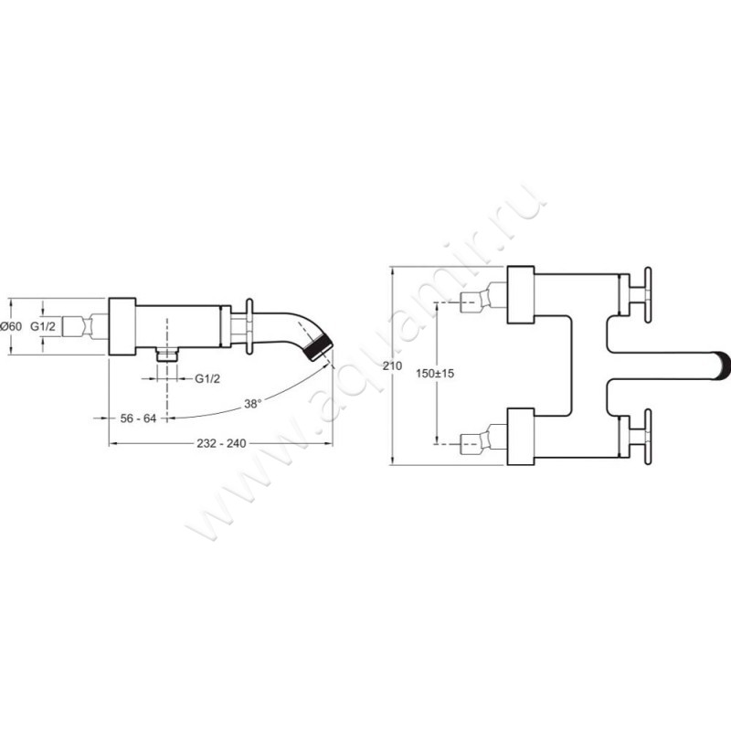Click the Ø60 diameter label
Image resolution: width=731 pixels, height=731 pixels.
[x=13, y=325]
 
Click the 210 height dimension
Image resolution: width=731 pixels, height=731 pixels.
[x=393, y=365]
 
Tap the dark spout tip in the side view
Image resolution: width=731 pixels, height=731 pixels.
[x=323, y=348]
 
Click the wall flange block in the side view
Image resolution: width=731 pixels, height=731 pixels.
[x=122, y=326]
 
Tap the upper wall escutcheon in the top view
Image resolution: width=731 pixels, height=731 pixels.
[x=520, y=295]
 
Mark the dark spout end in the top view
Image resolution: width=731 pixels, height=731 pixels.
[x=722, y=365]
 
